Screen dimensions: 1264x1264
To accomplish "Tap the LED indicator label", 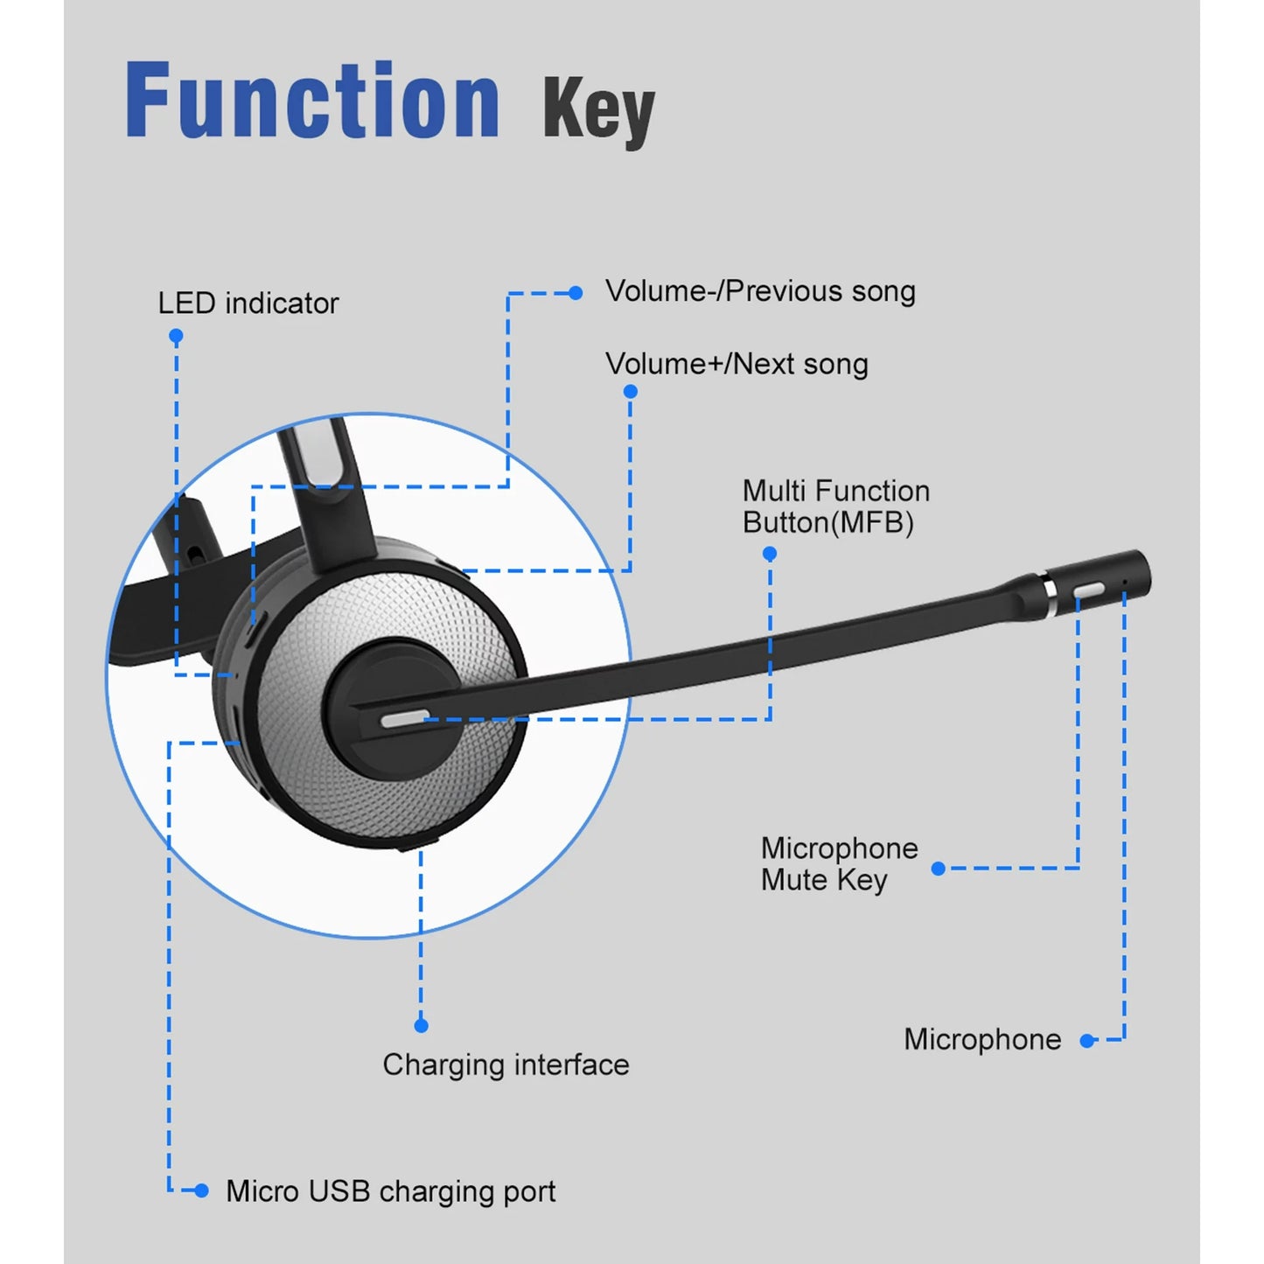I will pos(248,304).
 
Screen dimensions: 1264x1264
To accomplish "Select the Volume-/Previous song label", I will pos(760,291).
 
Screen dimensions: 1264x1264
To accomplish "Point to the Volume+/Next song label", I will pos(737,364).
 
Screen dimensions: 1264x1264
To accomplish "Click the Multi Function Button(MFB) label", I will pos(835,506).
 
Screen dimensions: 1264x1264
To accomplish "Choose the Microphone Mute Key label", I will pos(839,863).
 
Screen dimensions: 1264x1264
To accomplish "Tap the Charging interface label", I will pos(506,1065).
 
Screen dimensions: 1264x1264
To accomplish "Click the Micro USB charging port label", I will pos(390,1191).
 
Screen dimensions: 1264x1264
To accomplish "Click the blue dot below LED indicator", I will pos(176,336).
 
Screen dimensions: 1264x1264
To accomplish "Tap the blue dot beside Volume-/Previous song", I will pos(576,293).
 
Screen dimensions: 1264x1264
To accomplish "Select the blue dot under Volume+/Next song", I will pos(630,391).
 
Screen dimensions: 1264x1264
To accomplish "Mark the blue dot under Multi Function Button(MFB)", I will pos(770,554).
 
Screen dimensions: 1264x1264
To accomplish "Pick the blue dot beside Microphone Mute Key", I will pos(939,869).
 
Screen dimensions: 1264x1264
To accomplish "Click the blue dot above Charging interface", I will pos(421,1025).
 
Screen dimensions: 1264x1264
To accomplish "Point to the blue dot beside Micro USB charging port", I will pos(202,1191).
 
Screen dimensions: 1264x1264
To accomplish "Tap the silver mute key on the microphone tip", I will pos(1088,591).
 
